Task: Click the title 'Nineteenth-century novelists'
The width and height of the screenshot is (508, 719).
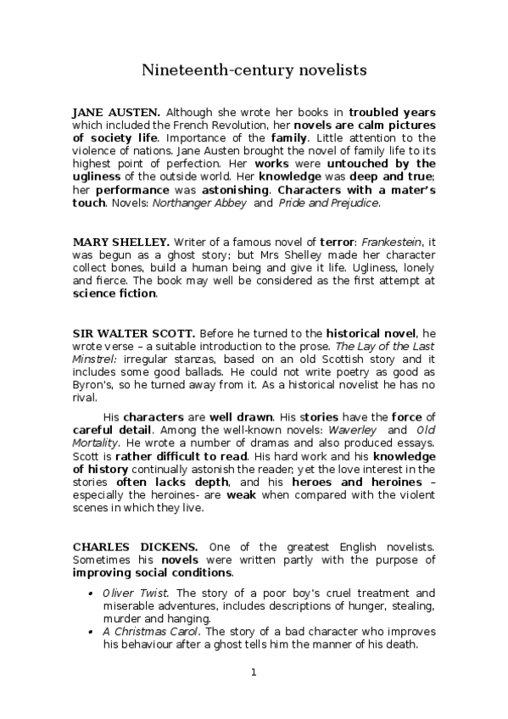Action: tap(254, 70)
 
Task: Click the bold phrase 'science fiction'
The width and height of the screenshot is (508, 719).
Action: tap(114, 293)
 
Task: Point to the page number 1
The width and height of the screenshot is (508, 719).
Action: tap(253, 673)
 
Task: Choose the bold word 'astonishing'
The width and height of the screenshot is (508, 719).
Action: tap(234, 190)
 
